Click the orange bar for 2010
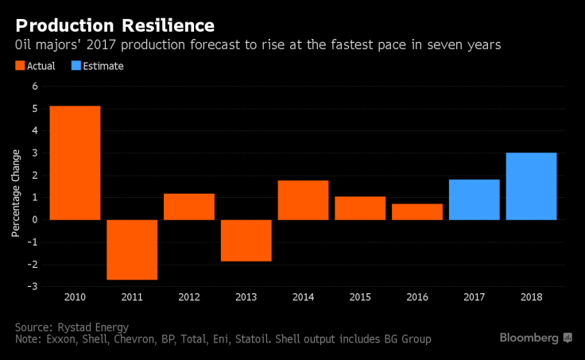(75, 162)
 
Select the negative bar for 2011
(132, 250)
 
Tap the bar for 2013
(246, 240)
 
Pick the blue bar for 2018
(531, 186)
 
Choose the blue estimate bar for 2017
(474, 199)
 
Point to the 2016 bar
(417, 211)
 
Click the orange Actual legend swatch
(19, 66)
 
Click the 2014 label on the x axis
(303, 296)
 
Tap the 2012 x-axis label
(188, 296)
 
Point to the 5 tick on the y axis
(34, 108)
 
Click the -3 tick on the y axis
(33, 286)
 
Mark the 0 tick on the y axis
(34, 219)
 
